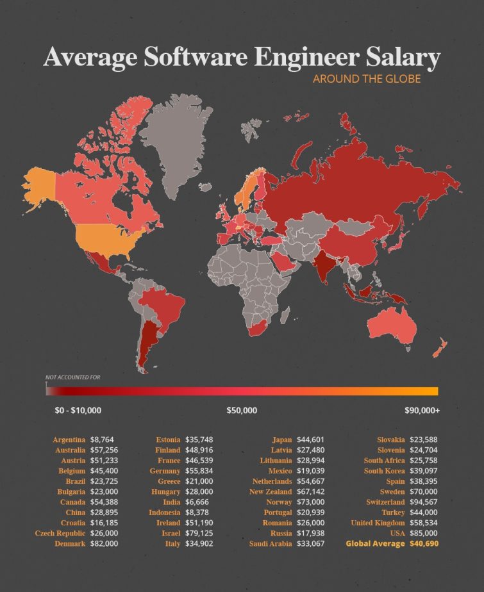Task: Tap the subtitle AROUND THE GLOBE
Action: (x=366, y=79)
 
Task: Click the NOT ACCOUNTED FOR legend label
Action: (x=72, y=377)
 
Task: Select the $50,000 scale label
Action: (x=242, y=410)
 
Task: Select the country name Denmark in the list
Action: (x=69, y=543)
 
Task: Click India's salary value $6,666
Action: (x=198, y=502)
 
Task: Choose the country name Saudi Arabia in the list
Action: (x=270, y=543)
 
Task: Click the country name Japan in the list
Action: (x=282, y=440)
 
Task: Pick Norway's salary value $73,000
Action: (x=311, y=502)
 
